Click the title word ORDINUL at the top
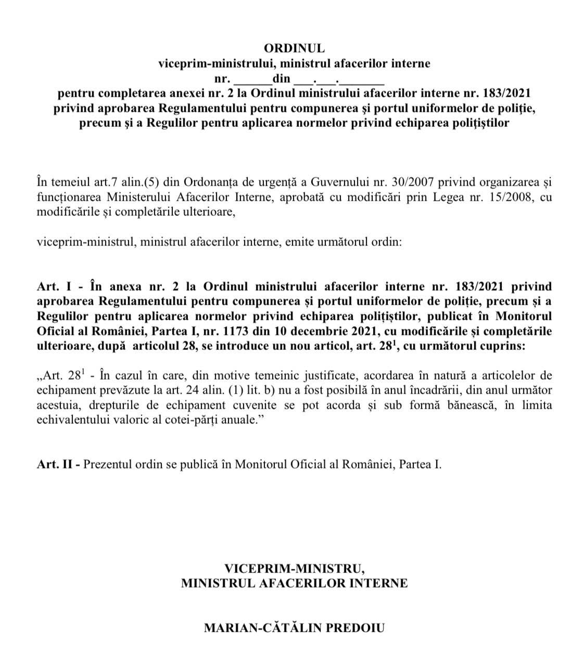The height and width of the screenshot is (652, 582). click(x=294, y=48)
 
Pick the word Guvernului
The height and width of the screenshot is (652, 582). click(x=328, y=182)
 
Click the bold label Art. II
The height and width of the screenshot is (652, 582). click(x=58, y=464)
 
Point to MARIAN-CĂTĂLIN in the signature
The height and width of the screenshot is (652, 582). click(x=264, y=628)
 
